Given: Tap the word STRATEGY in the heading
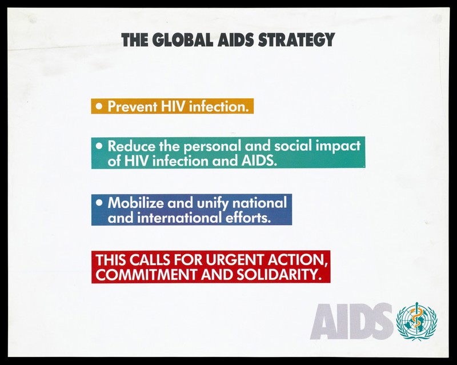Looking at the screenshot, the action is (x=296, y=39).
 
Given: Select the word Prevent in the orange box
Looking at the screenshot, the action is (x=132, y=106).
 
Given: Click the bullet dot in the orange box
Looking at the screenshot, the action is (x=99, y=106).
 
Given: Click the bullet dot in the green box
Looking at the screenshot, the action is (x=99, y=146).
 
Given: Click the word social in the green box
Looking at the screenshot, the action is (x=293, y=146).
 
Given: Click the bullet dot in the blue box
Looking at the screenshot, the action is (x=99, y=203).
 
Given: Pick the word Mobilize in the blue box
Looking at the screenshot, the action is (x=135, y=203).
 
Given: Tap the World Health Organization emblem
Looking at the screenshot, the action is (x=417, y=321).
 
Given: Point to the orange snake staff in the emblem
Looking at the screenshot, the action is (x=417, y=319).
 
